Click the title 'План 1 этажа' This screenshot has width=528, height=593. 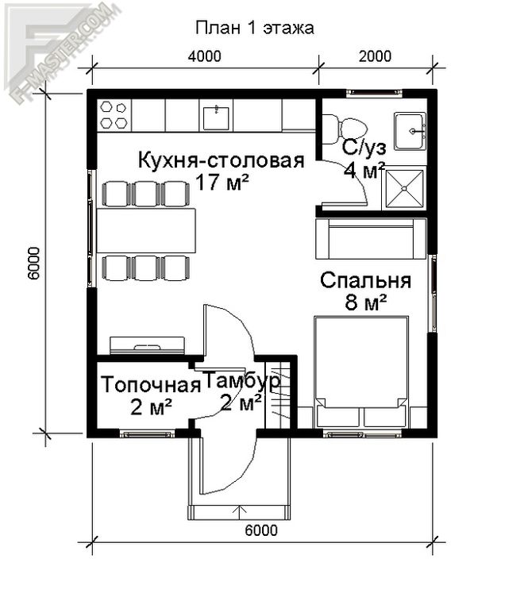(255, 28)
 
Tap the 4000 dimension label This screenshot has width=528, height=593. (205, 56)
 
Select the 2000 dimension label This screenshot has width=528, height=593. (375, 56)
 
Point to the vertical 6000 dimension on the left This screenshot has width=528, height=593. (33, 264)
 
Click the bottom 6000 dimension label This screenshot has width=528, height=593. (261, 530)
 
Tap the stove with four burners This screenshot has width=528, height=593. (114, 115)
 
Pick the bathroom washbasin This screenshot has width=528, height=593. (410, 131)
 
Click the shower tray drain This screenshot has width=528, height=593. (404, 188)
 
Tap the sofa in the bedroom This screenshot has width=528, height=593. (372, 238)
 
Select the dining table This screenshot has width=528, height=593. (146, 230)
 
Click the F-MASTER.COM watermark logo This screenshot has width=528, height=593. (63, 51)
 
